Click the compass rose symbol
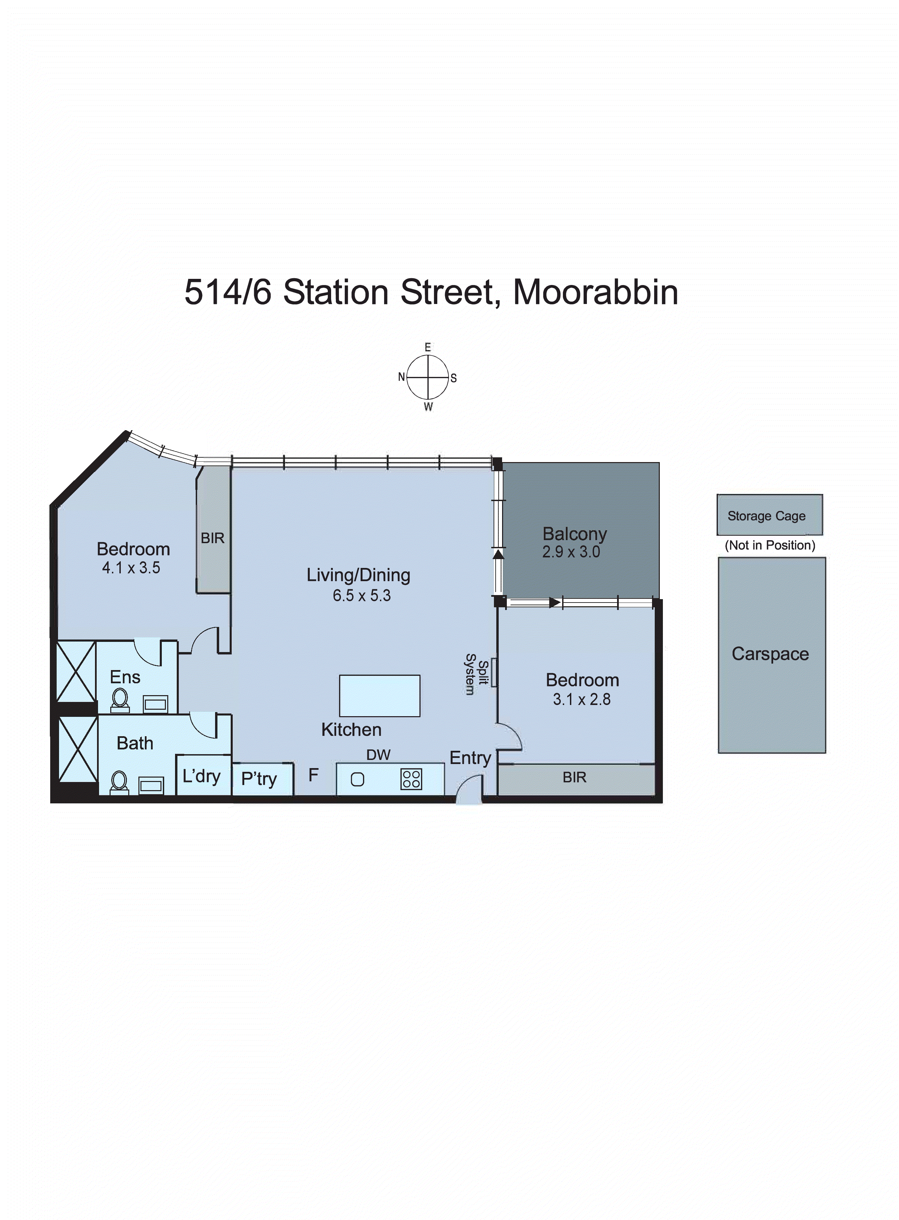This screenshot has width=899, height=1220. [428, 377]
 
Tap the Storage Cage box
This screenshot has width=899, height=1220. [769, 515]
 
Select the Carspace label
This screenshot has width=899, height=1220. [770, 653]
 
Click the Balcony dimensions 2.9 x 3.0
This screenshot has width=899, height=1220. [571, 552]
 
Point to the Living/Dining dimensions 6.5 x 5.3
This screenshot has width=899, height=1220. [361, 595]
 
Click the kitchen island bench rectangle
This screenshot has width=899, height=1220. [379, 695]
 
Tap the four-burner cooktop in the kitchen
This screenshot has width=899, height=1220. [411, 779]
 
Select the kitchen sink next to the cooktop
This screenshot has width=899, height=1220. [358, 779]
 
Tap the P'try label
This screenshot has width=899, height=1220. [259, 779]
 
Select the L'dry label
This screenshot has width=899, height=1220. [202, 776]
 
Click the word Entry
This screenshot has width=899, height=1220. [470, 758]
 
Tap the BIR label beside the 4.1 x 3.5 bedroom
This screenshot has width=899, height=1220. [212, 538]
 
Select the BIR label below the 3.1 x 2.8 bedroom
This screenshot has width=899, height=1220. [575, 777]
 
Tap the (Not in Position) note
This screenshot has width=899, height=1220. [769, 545]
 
